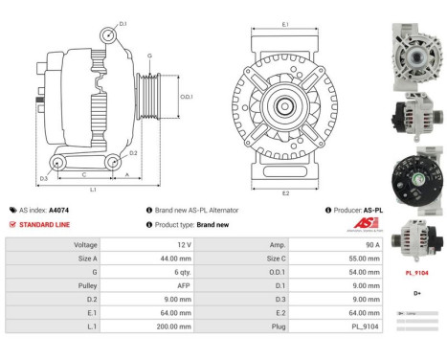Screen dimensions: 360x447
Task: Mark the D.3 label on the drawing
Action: click(x=43, y=179)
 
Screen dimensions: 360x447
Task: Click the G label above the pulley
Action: click(x=149, y=56)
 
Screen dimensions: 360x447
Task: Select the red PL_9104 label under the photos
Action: click(x=417, y=271)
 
